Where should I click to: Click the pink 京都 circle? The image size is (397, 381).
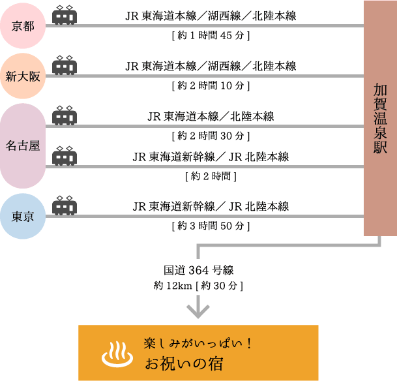click(24, 26)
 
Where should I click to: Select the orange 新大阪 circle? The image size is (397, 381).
click(24, 76)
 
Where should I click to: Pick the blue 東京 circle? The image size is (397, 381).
click(24, 217)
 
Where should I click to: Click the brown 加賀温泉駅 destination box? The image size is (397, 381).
click(379, 118)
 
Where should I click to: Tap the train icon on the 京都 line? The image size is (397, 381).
click(65, 15)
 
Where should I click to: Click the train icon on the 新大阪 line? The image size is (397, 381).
click(65, 65)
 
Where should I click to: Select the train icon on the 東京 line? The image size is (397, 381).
click(65, 206)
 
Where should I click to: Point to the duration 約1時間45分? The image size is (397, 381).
click(211, 35)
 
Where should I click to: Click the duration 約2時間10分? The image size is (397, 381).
click(211, 85)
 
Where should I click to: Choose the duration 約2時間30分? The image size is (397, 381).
click(211, 136)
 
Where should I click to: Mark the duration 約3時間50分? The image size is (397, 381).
click(211, 226)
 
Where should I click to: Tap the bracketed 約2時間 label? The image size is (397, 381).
click(211, 175)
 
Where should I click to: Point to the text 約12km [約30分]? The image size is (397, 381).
click(199, 285)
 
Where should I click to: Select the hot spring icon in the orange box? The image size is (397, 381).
click(116, 354)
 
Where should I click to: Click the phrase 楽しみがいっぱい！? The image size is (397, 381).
click(198, 342)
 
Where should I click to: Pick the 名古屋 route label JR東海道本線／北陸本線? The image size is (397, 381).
click(211, 117)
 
